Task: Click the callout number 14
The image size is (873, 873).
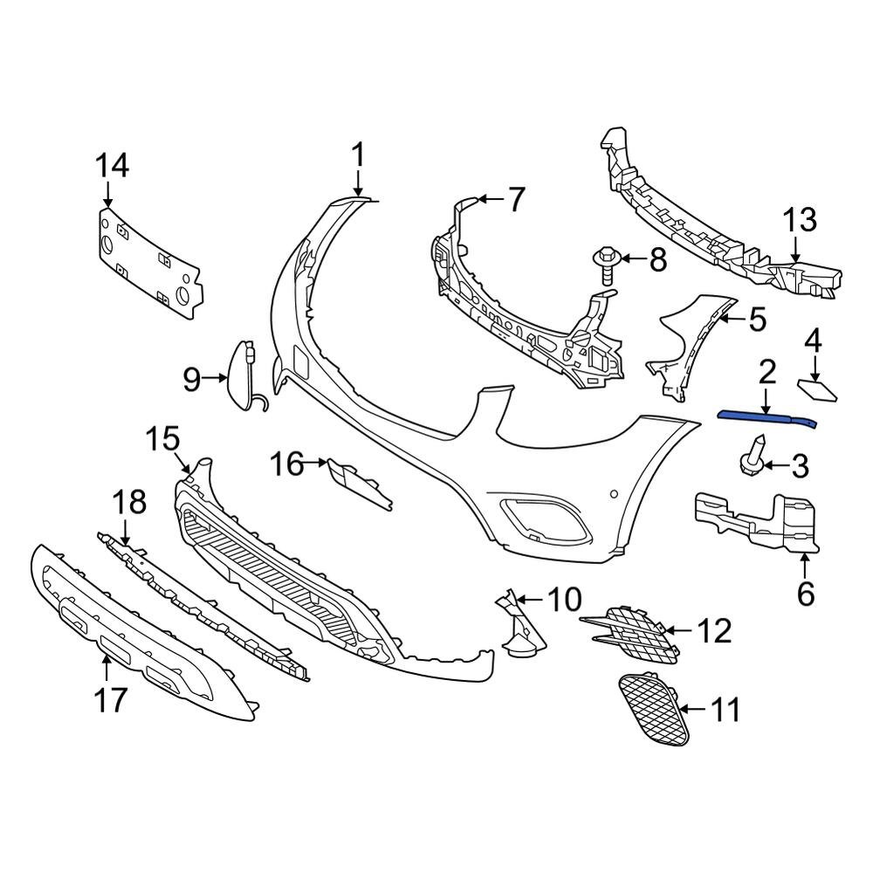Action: pyautogui.click(x=111, y=164)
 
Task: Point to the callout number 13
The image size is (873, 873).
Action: pyautogui.click(x=801, y=220)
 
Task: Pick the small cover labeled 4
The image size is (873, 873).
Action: pyautogui.click(x=817, y=389)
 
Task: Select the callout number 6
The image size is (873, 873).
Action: pyautogui.click(x=805, y=595)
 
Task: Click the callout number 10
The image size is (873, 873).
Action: pyautogui.click(x=564, y=600)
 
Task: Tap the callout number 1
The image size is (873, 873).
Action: pyautogui.click(x=357, y=157)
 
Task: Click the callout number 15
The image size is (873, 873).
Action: pyautogui.click(x=162, y=438)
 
